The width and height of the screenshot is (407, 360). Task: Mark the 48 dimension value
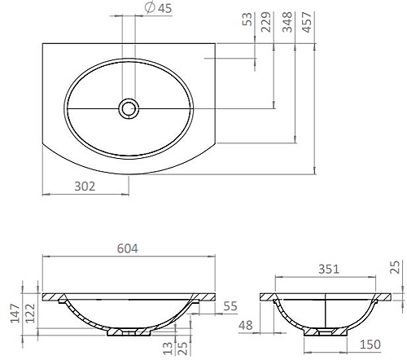click(x=246, y=326)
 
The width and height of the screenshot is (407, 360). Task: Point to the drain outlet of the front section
click(x=129, y=331)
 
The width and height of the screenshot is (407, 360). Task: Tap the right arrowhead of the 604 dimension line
click(x=217, y=257)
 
